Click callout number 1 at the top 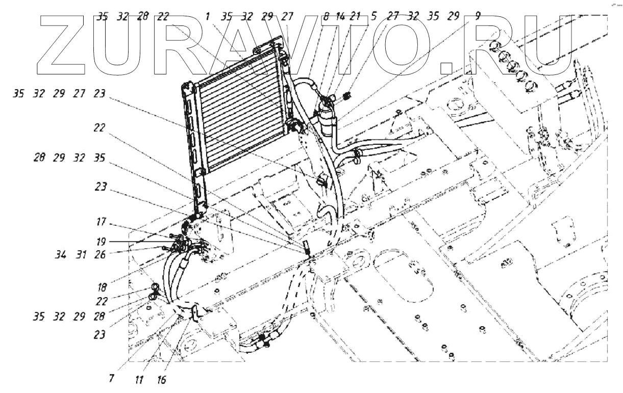(x=208, y=16)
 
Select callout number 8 (x=326, y=16)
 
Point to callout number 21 (x=356, y=16)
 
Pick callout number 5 (x=374, y=16)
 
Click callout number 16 (x=162, y=380)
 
